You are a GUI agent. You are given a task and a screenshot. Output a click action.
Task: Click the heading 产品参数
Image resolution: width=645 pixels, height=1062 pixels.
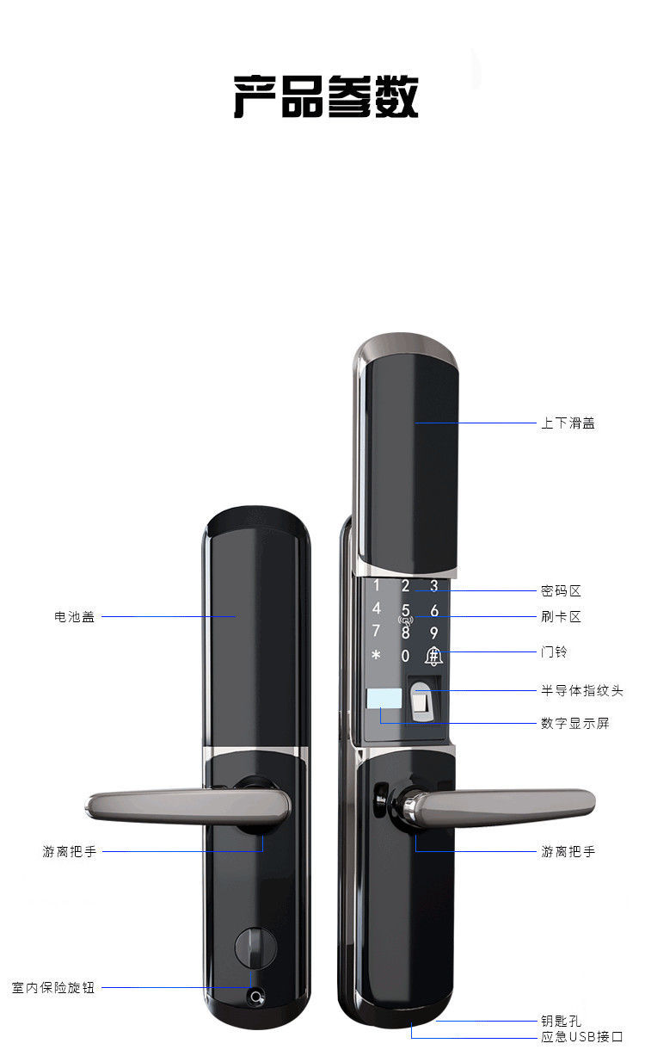point(326,96)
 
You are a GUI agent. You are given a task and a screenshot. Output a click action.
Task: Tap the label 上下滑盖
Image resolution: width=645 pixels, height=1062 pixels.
point(568,423)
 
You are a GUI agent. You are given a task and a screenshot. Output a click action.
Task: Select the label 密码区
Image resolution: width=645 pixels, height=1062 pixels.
point(561,590)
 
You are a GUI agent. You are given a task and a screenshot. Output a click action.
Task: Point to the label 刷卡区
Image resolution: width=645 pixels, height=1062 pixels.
point(561,616)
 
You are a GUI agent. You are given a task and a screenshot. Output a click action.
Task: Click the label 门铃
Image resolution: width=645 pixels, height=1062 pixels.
point(554,651)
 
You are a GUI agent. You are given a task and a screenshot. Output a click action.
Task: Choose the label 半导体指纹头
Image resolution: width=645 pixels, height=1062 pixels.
point(581,690)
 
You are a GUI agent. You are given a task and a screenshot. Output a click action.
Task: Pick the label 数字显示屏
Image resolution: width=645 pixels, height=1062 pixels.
point(574,723)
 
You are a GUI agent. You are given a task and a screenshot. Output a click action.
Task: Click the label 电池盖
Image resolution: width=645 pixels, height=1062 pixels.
point(74,616)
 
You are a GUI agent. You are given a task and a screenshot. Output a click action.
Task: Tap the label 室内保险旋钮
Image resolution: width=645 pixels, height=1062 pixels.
point(53,987)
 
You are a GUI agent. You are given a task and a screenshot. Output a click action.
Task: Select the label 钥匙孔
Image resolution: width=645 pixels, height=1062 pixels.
point(561,1021)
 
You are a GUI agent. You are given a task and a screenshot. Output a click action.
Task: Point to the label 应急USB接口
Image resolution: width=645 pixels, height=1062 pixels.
point(581,1037)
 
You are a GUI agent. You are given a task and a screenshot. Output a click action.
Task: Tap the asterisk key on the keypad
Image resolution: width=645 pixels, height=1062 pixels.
point(376,656)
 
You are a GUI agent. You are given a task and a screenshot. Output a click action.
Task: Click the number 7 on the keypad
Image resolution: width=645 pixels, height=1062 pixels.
point(376,631)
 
